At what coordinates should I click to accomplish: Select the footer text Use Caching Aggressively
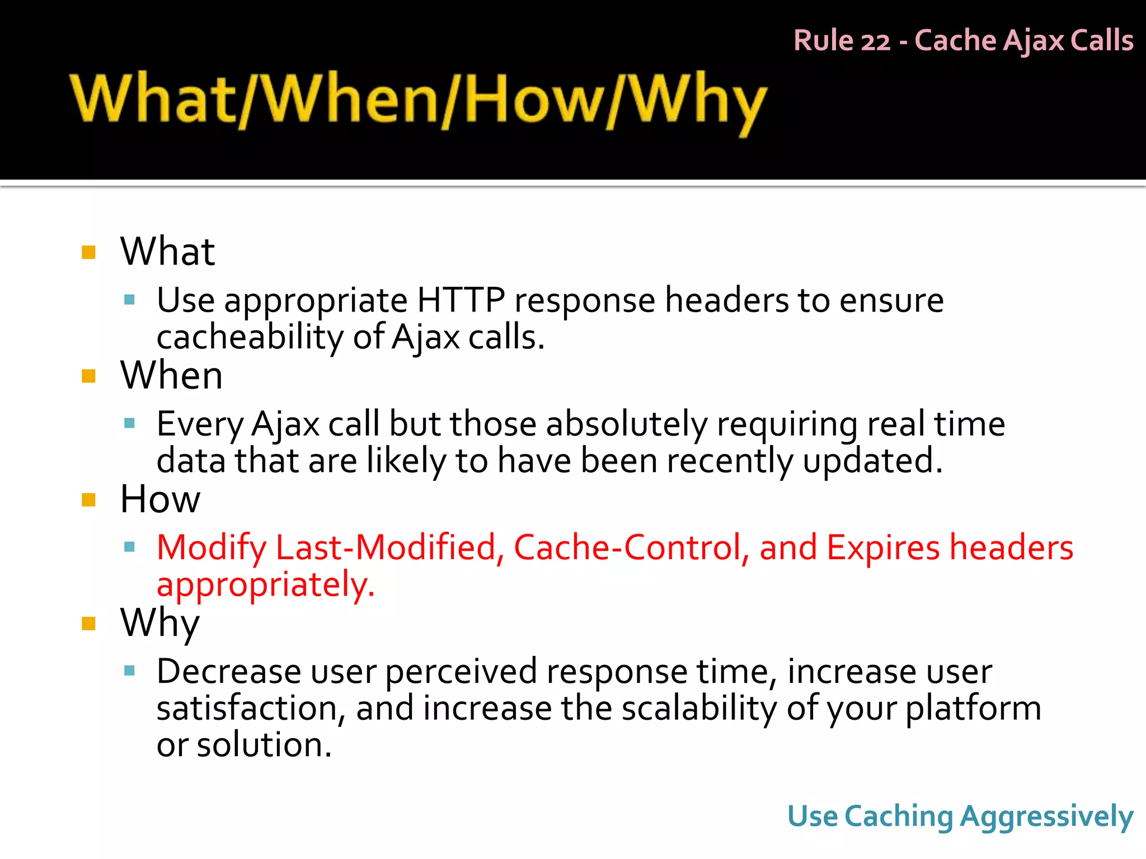tap(960, 817)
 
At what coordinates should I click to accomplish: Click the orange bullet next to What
tap(88, 252)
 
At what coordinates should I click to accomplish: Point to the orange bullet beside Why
tap(88, 624)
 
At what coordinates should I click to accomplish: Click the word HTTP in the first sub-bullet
tap(461, 300)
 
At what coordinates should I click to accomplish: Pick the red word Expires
tap(883, 548)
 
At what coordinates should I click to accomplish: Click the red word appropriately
tap(265, 585)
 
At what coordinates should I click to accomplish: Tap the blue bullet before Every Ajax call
tap(130, 423)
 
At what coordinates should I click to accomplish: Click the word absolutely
tap(627, 424)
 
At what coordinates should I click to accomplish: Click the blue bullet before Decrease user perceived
tap(130, 671)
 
